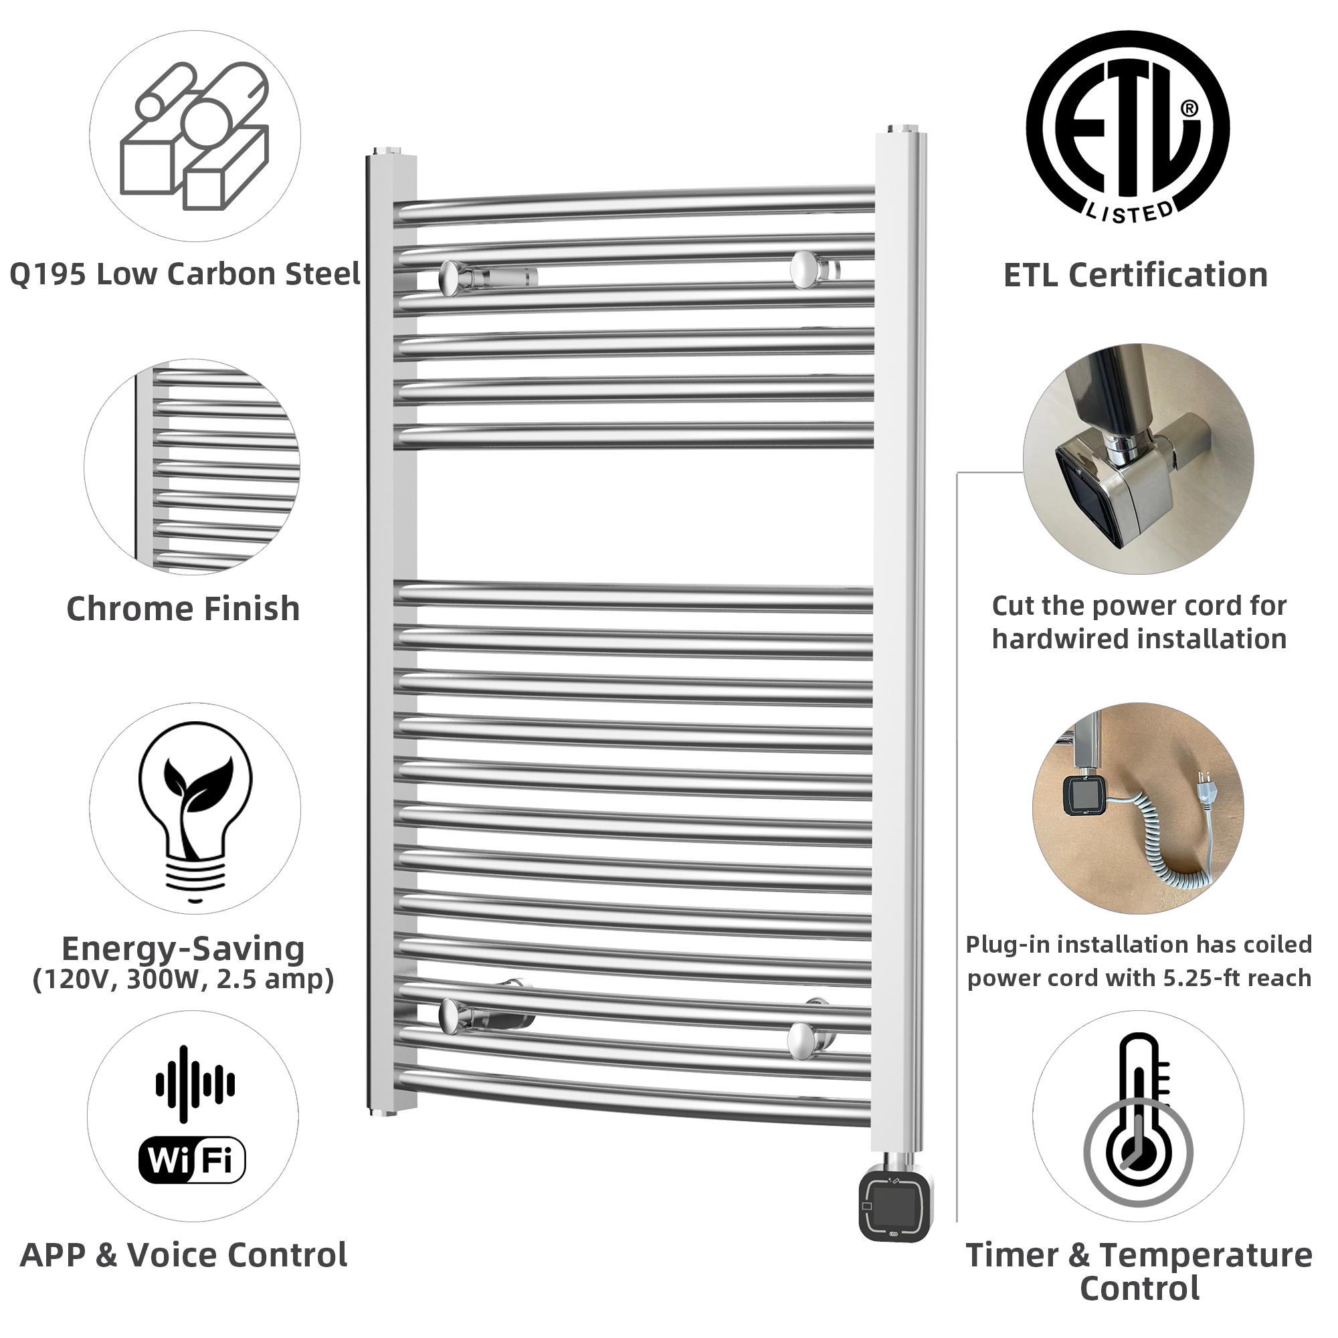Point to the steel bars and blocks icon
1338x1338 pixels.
click(195, 136)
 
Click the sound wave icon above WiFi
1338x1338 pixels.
click(195, 1084)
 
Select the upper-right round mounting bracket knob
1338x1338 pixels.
click(804, 269)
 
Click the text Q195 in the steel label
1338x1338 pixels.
click(47, 275)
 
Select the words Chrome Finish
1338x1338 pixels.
click(183, 609)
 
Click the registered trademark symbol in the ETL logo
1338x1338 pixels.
click(1188, 108)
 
